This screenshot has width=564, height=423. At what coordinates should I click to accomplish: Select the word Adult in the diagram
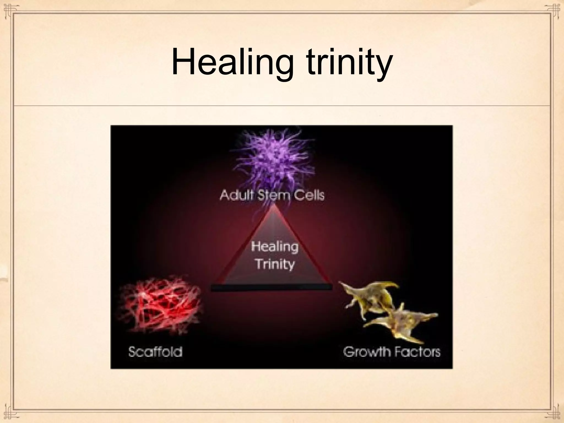click(x=238, y=195)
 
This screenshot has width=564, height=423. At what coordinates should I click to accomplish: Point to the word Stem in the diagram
click(x=271, y=195)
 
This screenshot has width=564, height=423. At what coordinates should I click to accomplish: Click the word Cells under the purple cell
click(x=307, y=195)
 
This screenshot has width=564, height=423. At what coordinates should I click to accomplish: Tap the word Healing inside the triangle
click(x=275, y=246)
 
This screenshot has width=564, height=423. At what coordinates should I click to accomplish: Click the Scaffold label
click(x=155, y=352)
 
